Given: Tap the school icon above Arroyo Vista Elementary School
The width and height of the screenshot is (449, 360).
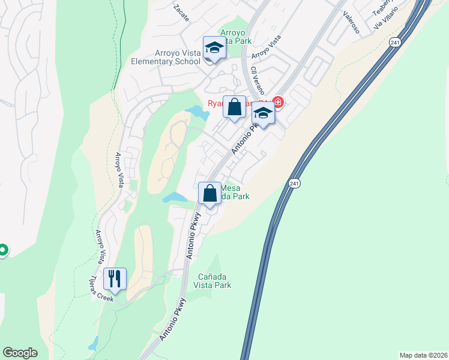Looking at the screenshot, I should [214, 47].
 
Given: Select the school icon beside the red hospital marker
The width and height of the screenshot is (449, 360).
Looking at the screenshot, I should [263, 112].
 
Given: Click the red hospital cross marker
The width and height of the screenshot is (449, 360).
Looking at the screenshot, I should [278, 102].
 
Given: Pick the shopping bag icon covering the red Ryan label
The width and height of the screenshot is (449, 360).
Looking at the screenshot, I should [235, 107].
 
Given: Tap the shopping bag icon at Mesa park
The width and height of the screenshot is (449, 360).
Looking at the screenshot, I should [209, 194].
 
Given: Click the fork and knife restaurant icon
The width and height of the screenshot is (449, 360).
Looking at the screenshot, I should [114, 279].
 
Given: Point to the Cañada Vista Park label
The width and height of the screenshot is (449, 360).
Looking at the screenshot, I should [214, 281].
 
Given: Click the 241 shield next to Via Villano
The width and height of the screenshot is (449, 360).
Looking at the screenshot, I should [394, 42].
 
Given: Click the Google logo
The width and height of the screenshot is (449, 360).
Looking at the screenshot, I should [20, 353].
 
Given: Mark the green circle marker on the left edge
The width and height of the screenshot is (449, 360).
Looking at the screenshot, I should [2, 250].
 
